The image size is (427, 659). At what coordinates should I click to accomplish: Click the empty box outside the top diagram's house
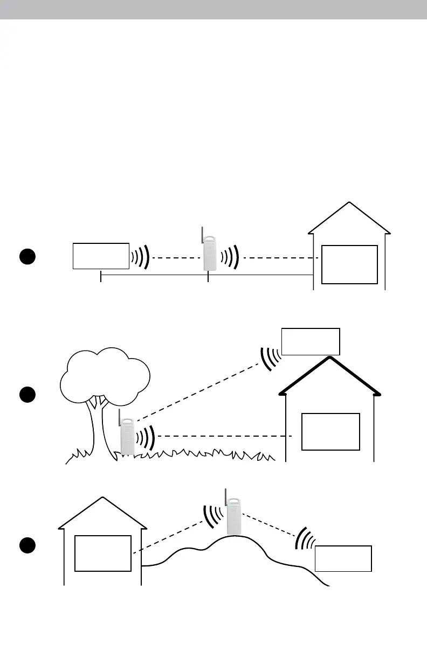[101, 256]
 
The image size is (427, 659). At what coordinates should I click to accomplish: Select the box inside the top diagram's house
[349, 264]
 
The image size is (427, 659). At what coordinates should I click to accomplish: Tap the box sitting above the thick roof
[311, 341]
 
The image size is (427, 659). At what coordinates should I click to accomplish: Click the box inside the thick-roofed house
[330, 431]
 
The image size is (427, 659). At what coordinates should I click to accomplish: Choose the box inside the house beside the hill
[102, 553]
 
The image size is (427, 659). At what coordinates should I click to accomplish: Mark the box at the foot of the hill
[343, 558]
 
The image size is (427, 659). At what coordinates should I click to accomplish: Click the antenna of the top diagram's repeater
[202, 234]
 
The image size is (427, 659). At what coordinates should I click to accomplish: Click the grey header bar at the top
[213, 10]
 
